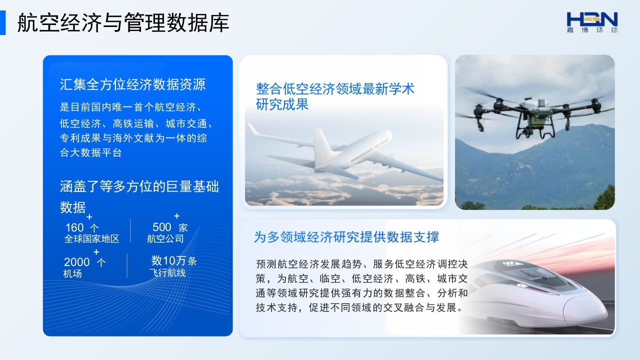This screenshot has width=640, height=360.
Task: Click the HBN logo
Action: [x=592, y=22]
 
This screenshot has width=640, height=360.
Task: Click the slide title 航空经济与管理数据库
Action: [x=123, y=22]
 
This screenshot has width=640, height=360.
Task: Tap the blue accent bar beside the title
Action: [x=2, y=23]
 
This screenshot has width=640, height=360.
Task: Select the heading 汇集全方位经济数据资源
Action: [x=132, y=84]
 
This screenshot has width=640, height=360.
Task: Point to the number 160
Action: [x=74, y=227]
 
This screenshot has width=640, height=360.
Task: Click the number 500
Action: [x=161, y=227]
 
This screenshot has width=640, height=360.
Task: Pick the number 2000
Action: [x=77, y=262]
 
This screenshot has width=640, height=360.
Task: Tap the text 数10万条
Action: [x=173, y=261]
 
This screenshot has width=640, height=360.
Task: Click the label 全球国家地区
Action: [x=91, y=239]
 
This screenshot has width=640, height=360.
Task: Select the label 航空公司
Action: [x=165, y=239]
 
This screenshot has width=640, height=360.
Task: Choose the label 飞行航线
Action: [x=167, y=273]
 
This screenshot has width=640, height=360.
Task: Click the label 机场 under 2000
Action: [x=72, y=273]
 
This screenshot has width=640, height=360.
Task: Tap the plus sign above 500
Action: [x=177, y=215]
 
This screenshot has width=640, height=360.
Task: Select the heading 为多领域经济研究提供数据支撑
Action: [x=346, y=237]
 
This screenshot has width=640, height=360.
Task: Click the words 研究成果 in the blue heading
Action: [x=282, y=104]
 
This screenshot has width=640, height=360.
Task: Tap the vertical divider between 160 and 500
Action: [x=130, y=231]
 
